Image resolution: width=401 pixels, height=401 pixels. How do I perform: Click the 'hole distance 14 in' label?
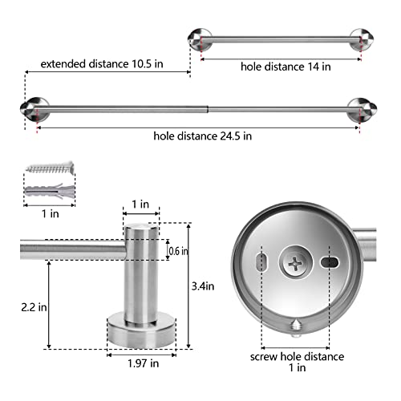pos(286,67)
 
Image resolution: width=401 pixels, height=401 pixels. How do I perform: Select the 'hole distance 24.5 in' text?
pos(203,136)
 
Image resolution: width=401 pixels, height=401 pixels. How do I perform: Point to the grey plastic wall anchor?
pos(47,193)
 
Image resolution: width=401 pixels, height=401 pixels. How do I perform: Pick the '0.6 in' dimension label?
pos(178,251)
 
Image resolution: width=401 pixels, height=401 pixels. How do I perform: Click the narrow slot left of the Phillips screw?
pos(259,262)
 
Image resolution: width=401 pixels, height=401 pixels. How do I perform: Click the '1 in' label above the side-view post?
pos(141,205)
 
